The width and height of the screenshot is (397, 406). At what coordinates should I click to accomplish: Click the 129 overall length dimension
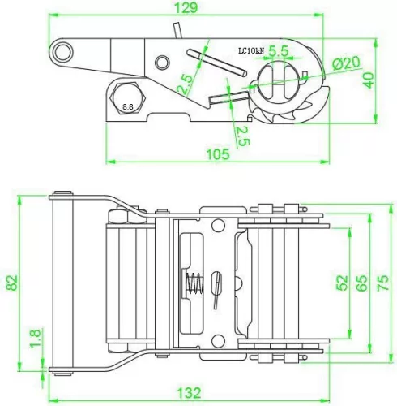[186, 7]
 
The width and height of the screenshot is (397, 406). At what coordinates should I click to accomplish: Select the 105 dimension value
[218, 154]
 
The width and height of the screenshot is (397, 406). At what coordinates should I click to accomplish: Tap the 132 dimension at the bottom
[189, 393]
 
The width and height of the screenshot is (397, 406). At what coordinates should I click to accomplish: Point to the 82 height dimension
[12, 283]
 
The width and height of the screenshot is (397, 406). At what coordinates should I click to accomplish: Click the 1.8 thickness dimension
[36, 338]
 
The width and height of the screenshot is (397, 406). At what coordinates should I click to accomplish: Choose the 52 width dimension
[343, 283]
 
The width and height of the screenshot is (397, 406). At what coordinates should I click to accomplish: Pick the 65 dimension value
[362, 283]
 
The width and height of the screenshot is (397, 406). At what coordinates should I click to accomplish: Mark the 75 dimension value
[382, 283]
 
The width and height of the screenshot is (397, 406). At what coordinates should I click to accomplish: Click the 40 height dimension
[369, 80]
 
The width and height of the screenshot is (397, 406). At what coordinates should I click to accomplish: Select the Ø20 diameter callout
[346, 63]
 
